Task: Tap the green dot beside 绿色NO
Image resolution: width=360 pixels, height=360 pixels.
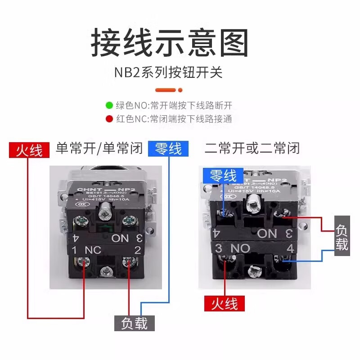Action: pyautogui.click(x=109, y=106)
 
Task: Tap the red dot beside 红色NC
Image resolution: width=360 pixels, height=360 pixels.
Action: pyautogui.click(x=109, y=119)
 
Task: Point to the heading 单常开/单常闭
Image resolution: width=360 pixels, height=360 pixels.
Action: pyautogui.click(x=99, y=148)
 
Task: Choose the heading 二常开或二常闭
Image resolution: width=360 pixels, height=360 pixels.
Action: pyautogui.click(x=252, y=148)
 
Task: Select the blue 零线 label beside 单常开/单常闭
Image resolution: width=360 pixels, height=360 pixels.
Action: pyautogui.click(x=168, y=148)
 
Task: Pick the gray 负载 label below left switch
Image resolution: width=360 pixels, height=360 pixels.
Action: pyautogui.click(x=134, y=323)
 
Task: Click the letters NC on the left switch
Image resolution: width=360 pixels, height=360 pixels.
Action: pyautogui.click(x=93, y=249)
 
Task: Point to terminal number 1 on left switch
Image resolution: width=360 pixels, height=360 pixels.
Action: pyautogui.click(x=73, y=249)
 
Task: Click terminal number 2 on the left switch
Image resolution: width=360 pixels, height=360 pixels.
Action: pyautogui.click(x=138, y=249)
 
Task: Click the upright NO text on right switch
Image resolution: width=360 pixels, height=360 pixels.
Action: pyautogui.click(x=240, y=248)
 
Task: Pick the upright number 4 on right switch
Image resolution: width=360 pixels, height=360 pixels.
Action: pyautogui.click(x=290, y=248)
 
